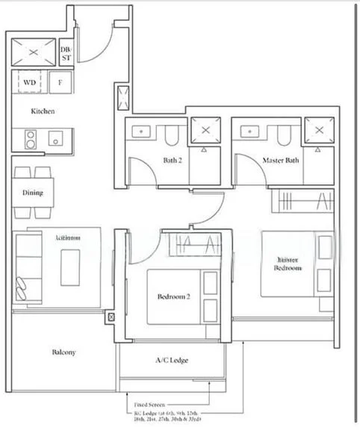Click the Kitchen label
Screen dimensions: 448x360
43,111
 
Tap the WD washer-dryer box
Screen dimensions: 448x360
31,82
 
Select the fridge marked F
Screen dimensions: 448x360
59,82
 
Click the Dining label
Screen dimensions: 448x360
33,193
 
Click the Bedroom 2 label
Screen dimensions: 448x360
173,296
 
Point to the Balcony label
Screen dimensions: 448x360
63,352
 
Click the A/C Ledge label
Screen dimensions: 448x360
172,361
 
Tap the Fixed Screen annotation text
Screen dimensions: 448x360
150,404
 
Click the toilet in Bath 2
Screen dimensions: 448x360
171,134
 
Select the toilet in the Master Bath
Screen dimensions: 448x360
282,134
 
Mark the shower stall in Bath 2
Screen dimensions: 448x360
205,131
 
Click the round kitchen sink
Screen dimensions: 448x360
55,139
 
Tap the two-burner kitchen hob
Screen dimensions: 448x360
31,138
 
